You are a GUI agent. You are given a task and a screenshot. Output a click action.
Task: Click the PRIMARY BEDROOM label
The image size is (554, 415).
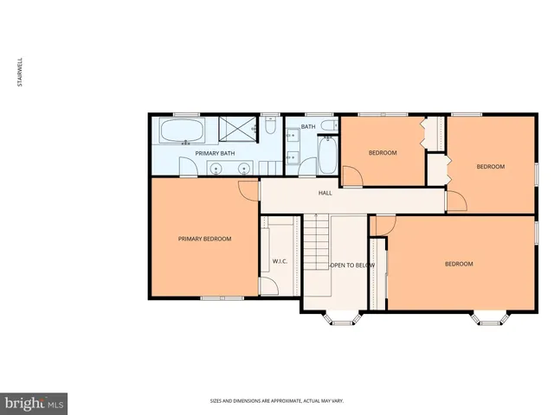coord(204,239)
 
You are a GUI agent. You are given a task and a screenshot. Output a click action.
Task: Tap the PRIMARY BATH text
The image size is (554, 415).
coord(215,153)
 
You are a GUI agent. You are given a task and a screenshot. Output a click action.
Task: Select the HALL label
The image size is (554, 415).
coord(325,193)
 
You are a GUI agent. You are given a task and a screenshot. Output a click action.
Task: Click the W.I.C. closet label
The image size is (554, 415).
coord(280,260)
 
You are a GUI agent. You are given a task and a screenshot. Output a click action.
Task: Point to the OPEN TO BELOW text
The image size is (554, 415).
coord(351,265)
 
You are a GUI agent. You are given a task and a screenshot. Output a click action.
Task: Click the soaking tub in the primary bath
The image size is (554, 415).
coord(182,132)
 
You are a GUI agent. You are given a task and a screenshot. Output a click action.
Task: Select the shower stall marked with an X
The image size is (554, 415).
coord(236,130)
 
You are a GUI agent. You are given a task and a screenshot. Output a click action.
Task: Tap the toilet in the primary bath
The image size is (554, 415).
coord(270,129)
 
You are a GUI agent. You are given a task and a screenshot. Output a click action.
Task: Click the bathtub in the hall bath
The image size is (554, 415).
coord(328,157)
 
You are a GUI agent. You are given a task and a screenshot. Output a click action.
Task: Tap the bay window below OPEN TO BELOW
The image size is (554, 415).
coord(343,318)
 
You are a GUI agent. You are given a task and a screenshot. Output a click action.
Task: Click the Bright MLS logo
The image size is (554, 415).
coord(34,402)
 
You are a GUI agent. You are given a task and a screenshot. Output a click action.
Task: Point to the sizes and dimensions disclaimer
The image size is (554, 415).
coord(276,400)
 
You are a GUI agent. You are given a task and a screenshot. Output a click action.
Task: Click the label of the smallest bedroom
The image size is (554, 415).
coord(383,153)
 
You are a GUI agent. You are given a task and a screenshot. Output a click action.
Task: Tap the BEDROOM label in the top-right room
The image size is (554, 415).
coord(490,166)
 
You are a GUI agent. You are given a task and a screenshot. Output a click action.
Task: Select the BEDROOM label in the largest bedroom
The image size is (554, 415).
coord(459,264)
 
